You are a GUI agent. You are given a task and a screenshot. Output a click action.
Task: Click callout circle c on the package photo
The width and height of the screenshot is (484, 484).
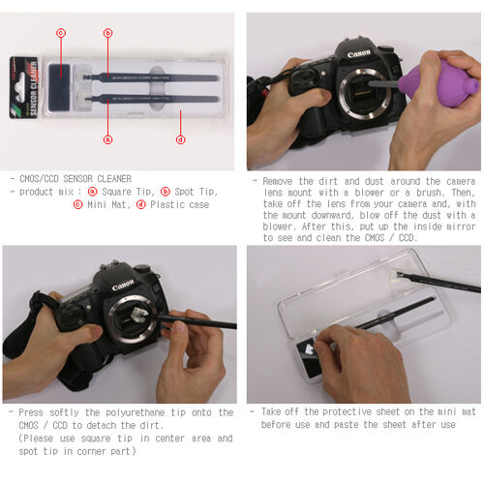(60, 33)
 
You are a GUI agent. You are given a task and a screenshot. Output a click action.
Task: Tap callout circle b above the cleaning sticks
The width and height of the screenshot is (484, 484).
(107, 33)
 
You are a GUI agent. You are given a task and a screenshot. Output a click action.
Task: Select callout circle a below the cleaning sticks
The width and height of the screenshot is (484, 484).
(107, 138)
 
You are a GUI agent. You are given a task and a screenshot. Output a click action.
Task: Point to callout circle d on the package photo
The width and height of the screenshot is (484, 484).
(180, 138)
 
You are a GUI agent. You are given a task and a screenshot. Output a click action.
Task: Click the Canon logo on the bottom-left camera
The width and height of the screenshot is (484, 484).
(123, 285)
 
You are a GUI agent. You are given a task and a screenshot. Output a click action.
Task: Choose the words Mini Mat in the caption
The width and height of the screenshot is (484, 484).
(108, 204)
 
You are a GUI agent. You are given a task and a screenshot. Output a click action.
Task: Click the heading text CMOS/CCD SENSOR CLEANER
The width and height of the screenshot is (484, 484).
(78, 179)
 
